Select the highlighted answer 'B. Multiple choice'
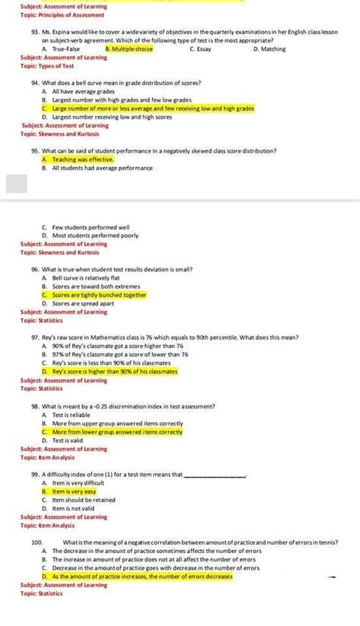click(x=129, y=49)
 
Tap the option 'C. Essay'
click(x=201, y=49)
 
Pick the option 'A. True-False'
click(x=62, y=49)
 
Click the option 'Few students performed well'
click(x=90, y=226)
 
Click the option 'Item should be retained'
click(x=84, y=500)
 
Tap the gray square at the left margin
click(x=17, y=183)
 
